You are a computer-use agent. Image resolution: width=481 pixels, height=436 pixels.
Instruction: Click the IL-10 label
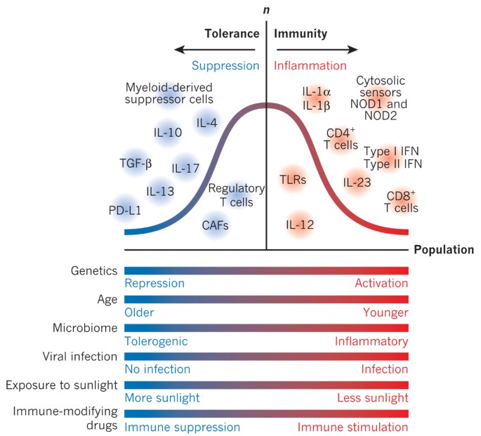(168, 132)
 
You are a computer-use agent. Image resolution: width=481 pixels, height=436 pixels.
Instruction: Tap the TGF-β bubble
(136, 165)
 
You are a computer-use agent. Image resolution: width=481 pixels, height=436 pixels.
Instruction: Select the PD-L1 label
(124, 209)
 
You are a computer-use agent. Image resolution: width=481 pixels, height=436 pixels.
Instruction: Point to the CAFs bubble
(216, 225)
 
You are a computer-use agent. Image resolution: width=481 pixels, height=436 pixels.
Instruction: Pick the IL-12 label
(300, 225)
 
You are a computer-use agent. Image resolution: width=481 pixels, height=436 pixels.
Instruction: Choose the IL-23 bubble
(357, 183)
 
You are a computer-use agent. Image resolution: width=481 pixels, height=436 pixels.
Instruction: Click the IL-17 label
(187, 169)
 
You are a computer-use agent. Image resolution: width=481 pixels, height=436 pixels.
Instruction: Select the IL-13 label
(161, 190)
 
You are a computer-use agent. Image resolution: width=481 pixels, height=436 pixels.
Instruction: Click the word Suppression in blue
(225, 66)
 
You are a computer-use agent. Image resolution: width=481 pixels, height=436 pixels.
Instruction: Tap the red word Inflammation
(310, 66)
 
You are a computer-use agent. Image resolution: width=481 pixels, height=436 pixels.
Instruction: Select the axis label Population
(443, 250)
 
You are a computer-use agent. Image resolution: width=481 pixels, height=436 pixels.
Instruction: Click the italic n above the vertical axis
(266, 11)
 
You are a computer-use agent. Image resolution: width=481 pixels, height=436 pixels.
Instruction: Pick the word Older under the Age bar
(139, 312)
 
